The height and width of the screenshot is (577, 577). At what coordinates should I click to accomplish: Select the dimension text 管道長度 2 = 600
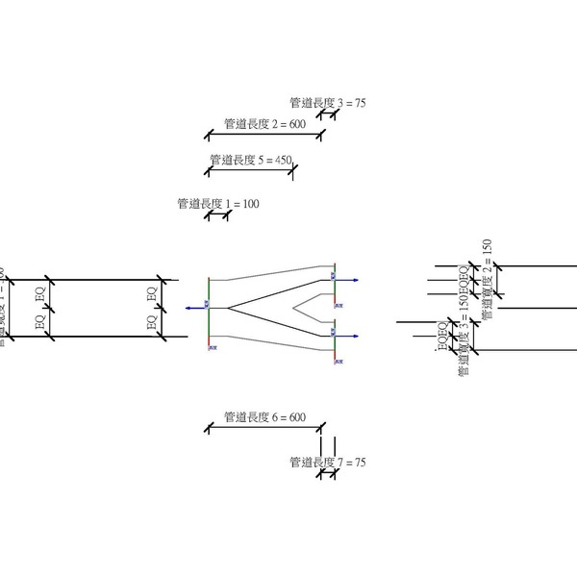pyautogui.click(x=263, y=123)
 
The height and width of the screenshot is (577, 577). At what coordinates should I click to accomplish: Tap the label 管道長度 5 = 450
pyautogui.click(x=250, y=160)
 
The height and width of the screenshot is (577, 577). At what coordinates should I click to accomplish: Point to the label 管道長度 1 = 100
pyautogui.click(x=218, y=204)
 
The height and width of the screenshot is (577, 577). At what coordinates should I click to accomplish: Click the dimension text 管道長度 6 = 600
pyautogui.click(x=263, y=417)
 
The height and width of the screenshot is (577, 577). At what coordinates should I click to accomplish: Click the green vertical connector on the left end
pyautogui.click(x=209, y=308)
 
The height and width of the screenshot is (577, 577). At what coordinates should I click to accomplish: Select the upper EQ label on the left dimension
pyautogui.click(x=40, y=292)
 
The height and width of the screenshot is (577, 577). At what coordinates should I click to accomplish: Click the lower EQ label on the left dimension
pyautogui.click(x=40, y=323)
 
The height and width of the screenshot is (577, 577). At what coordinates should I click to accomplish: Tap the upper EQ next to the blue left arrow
pyautogui.click(x=151, y=292)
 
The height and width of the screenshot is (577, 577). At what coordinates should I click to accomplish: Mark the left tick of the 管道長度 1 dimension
pyautogui.click(x=209, y=214)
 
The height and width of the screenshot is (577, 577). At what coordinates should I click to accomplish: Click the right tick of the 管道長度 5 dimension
pyautogui.click(x=292, y=171)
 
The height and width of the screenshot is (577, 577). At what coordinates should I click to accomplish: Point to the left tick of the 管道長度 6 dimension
pyautogui.click(x=209, y=429)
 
